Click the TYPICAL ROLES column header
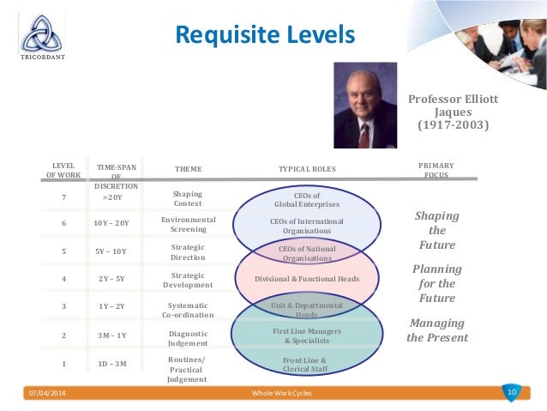pos(307,170)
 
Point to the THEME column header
pos(188,170)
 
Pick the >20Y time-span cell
pos(112,197)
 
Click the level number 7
pos(63,197)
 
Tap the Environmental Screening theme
pos(188,225)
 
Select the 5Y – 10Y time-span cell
pos(111,252)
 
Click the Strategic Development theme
pos(188,280)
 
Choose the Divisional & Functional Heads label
pos(306,279)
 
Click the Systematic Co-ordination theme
pos(188,310)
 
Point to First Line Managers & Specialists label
pos(306,335)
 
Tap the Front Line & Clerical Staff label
pos(306,365)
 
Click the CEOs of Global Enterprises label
pos(306,200)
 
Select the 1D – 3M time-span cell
pos(112,364)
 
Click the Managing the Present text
pos(437,330)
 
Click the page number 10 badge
pos(512,392)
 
